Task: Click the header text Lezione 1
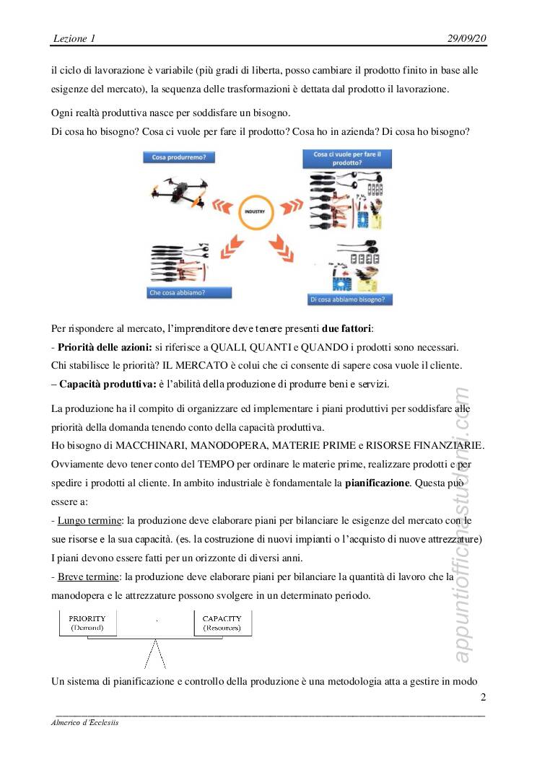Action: (x=74, y=38)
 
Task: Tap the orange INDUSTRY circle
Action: (x=256, y=212)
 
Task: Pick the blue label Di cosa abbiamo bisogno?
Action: (x=346, y=299)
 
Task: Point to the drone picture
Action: (x=178, y=192)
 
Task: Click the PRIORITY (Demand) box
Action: (x=87, y=623)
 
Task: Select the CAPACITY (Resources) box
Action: (x=222, y=623)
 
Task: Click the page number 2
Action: (x=483, y=697)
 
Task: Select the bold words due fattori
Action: (x=346, y=329)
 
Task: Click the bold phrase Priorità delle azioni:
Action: (x=105, y=348)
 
